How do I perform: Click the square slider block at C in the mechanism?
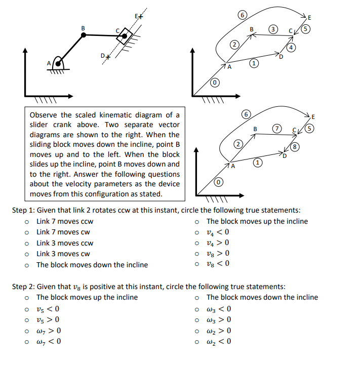124,36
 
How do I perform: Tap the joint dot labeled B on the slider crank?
84,35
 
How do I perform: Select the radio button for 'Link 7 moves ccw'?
25,221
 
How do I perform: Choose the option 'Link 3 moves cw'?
25,254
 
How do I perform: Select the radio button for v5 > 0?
25,320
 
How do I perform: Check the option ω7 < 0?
25,341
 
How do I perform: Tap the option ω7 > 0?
25,331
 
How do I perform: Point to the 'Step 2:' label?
23,287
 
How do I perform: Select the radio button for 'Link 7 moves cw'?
25,232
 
